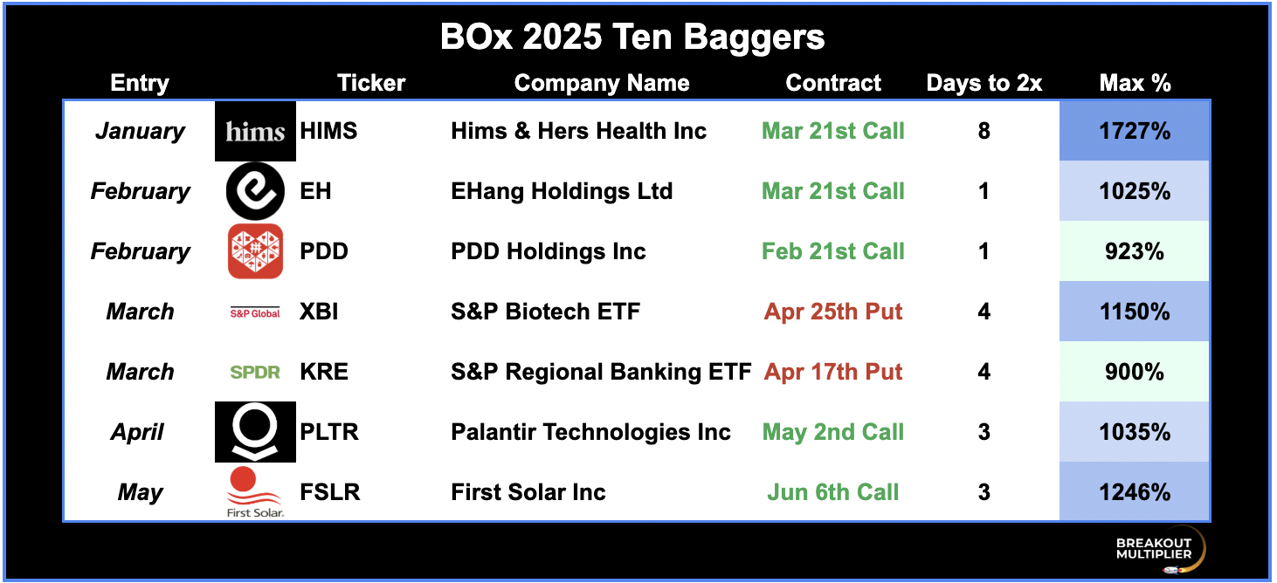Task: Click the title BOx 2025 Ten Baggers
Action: click(632, 38)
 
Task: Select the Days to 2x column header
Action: click(984, 83)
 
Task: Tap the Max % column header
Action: click(1135, 83)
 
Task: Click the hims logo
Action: click(255, 131)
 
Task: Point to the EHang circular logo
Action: click(255, 191)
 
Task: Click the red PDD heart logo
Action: click(255, 251)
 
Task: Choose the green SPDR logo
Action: click(255, 372)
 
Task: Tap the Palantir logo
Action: click(255, 432)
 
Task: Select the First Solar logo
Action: click(255, 492)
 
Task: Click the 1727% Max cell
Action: click(1135, 131)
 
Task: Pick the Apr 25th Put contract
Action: click(833, 312)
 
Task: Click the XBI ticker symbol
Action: click(319, 312)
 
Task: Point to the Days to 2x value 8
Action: click(984, 131)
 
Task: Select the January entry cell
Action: click(141, 132)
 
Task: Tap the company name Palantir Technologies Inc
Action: click(590, 432)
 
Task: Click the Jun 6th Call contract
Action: click(833, 492)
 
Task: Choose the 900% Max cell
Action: click(1135, 372)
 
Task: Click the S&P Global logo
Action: click(255, 312)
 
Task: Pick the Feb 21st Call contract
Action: click(833, 251)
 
